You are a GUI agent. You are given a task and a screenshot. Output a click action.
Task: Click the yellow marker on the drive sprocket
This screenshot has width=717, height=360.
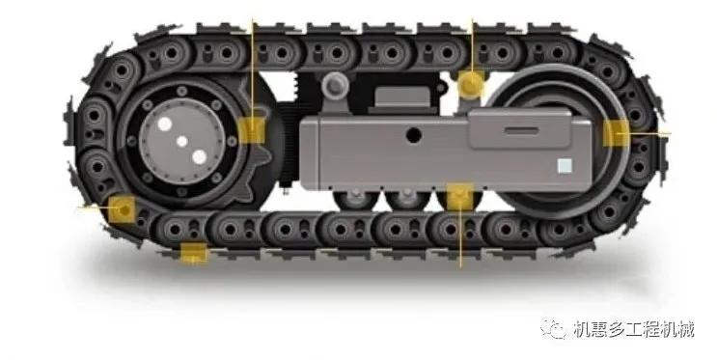point(252,130)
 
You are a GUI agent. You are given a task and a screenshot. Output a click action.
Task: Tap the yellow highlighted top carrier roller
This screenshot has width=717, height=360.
point(471,84)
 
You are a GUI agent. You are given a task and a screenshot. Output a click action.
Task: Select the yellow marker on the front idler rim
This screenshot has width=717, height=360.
point(616,133)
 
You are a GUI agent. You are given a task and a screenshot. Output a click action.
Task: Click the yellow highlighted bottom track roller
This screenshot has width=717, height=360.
point(460,197)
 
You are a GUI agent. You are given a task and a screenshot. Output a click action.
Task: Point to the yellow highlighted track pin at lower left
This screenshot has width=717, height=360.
point(123,209)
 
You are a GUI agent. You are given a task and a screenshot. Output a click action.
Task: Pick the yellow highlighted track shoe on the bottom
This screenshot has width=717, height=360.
point(193,254)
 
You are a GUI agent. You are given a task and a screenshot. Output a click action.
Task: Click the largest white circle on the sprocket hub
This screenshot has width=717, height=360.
point(200,157)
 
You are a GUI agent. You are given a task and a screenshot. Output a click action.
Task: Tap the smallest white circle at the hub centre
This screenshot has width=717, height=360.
point(182,142)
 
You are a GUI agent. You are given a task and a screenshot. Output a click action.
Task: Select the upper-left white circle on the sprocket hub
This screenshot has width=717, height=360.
point(165,124)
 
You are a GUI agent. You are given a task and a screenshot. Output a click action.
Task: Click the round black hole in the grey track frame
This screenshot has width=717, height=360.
point(413,135)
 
